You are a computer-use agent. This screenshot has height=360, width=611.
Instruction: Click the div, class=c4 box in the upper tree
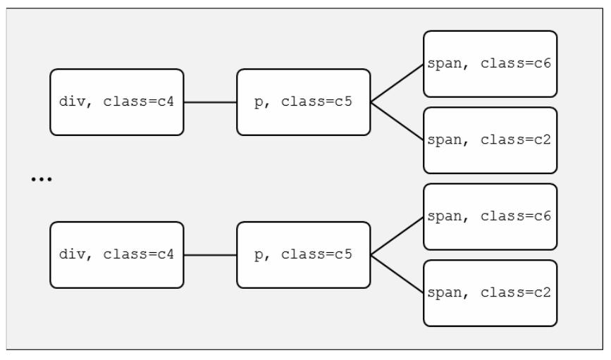click(117, 102)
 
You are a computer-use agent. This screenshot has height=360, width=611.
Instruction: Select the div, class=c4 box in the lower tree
click(117, 255)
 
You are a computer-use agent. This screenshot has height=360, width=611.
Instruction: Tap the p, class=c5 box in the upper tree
click(303, 102)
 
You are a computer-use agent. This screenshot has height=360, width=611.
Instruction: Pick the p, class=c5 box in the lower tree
click(303, 255)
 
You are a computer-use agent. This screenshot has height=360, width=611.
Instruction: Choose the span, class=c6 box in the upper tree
click(490, 64)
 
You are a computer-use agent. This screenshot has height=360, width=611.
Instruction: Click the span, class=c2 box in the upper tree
click(490, 140)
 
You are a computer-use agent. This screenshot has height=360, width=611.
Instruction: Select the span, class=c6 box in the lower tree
click(490, 217)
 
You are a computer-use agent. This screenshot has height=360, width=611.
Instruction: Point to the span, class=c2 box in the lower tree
click(490, 293)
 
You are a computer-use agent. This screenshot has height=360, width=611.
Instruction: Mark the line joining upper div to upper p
click(210, 102)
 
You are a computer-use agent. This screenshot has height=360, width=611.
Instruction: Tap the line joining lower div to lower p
click(210, 255)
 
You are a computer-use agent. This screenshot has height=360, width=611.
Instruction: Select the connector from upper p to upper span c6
click(397, 83)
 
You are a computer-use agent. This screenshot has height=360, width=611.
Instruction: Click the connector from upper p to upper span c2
click(397, 121)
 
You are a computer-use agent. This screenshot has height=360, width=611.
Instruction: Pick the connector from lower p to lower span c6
click(397, 236)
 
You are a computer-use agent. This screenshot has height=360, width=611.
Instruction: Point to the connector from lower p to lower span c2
click(397, 274)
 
